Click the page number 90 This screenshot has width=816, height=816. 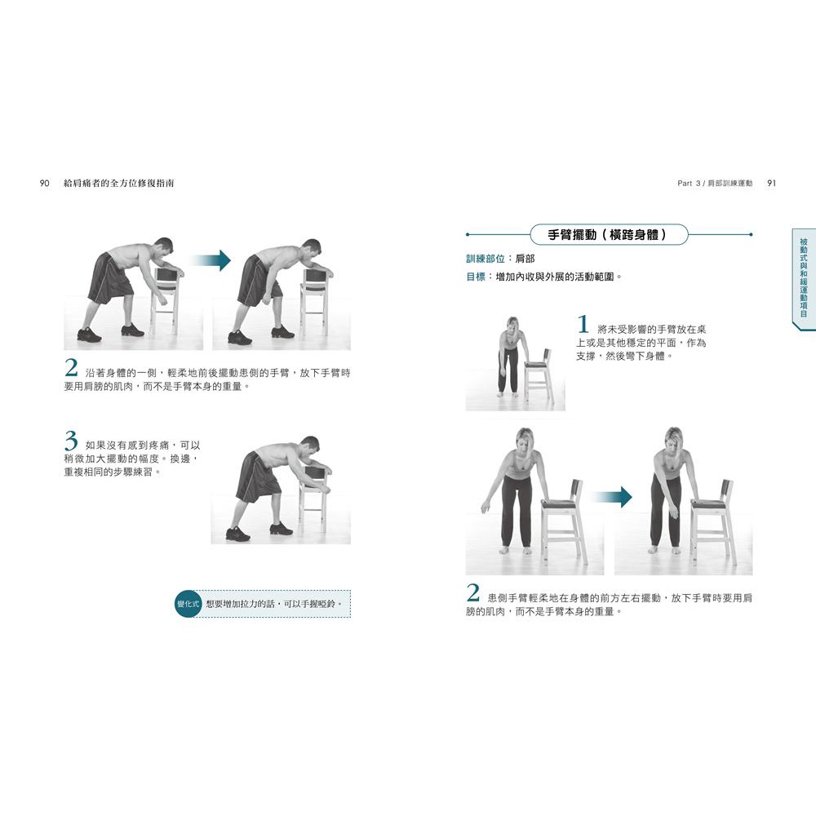[44, 183]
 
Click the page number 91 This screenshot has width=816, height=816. [771, 183]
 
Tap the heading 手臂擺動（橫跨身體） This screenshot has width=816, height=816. [607, 235]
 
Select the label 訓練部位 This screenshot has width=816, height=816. [485, 259]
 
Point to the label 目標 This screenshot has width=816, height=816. [476, 277]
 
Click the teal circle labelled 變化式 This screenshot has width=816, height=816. [188, 604]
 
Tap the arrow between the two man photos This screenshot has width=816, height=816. [211, 260]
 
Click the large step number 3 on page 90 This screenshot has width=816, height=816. [71, 441]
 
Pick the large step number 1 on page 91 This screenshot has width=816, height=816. [583, 324]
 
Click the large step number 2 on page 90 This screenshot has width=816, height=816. [71, 368]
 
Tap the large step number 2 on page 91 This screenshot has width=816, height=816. [472, 592]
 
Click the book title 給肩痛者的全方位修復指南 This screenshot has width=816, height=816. [118, 183]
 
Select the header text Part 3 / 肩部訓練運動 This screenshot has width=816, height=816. [715, 183]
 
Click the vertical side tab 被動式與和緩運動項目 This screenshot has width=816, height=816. [804, 278]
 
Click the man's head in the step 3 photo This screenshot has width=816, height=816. [309, 446]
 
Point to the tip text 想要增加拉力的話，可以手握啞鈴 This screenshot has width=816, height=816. [274, 604]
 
